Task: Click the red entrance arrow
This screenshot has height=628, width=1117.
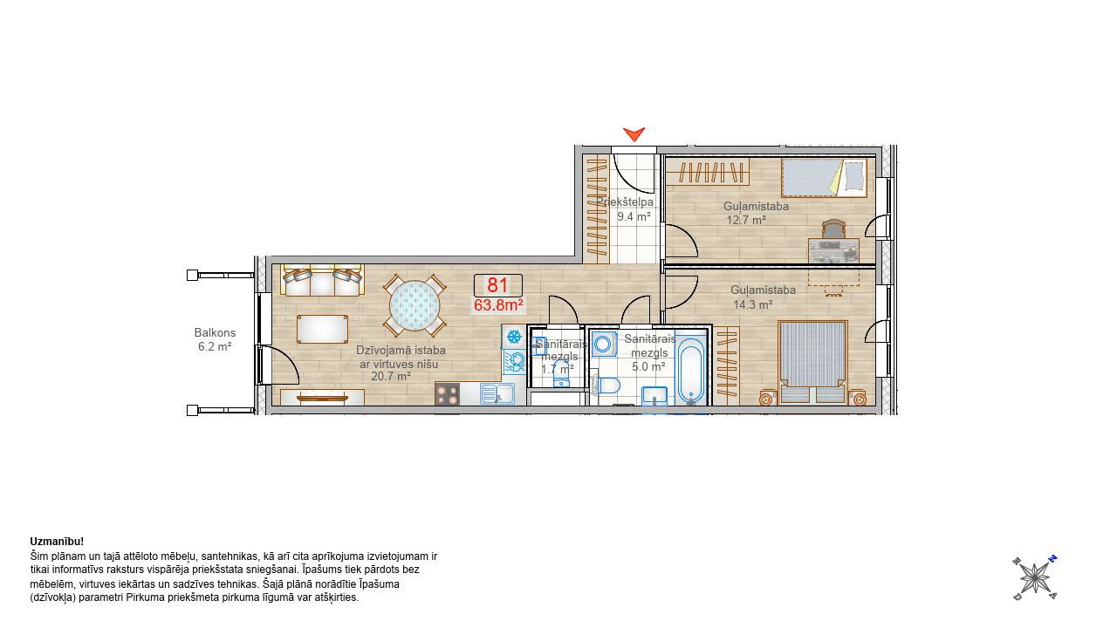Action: click(x=634, y=133)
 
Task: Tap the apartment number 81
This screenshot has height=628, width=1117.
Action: click(x=497, y=285)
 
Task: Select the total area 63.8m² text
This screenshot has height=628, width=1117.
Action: click(x=498, y=305)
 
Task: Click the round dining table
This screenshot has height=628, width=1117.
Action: click(x=415, y=305)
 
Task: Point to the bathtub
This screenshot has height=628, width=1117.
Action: click(x=690, y=371)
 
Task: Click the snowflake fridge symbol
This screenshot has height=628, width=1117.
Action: click(x=514, y=337)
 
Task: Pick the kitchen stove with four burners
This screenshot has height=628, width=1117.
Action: click(x=448, y=394)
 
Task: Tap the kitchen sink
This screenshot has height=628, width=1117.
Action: click(x=497, y=393)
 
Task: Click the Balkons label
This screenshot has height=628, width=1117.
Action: click(x=215, y=332)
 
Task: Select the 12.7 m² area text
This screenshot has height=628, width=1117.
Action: click(x=746, y=220)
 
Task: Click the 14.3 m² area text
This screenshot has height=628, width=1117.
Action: click(x=753, y=304)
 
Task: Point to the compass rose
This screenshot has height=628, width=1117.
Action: click(x=1035, y=577)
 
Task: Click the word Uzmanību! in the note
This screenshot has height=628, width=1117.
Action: click(x=57, y=542)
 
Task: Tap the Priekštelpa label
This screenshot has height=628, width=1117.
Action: click(x=625, y=201)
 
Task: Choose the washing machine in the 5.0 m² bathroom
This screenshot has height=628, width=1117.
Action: click(x=604, y=344)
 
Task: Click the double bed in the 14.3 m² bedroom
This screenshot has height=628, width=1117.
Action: click(x=812, y=362)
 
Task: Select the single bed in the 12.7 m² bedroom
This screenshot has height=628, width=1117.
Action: click(x=824, y=178)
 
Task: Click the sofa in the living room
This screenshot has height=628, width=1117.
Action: click(x=322, y=281)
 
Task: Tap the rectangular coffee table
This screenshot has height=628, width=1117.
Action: click(x=322, y=329)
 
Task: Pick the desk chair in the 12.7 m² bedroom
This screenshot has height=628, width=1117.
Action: click(x=833, y=229)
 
